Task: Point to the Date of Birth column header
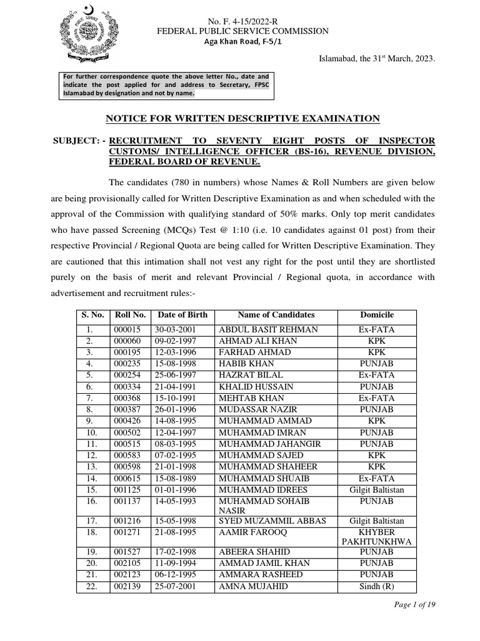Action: click(182, 315)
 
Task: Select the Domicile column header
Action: click(377, 315)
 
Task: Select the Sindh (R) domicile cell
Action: click(377, 586)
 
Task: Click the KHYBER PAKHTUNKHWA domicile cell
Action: click(377, 536)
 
